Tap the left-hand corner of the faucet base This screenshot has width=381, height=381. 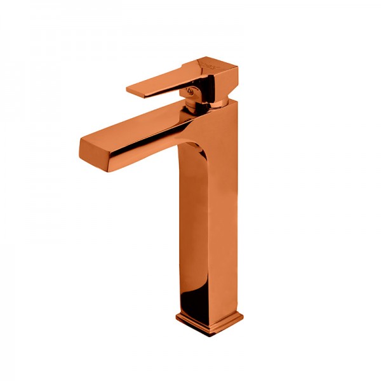tap(176, 316)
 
